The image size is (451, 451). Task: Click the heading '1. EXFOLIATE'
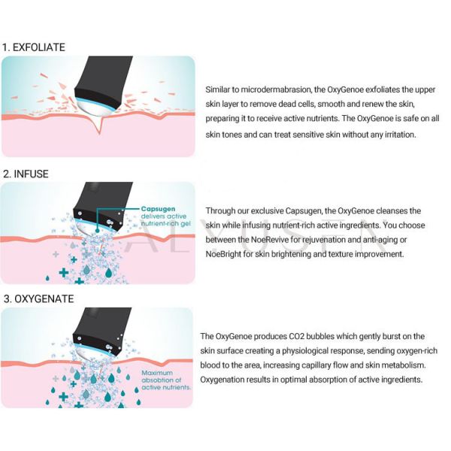coord(34,47)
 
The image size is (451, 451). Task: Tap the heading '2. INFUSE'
coord(26,174)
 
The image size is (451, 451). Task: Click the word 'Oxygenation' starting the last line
coord(225,380)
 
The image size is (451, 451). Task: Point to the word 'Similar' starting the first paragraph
coord(220,89)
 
